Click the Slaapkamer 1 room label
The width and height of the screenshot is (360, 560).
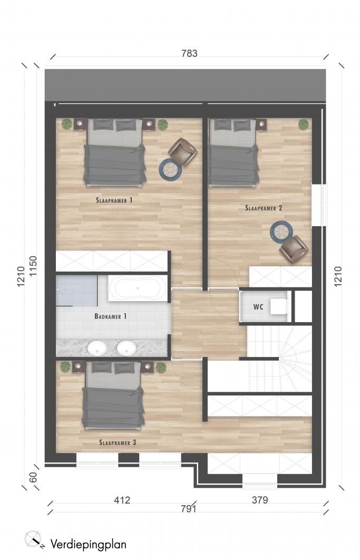click(x=114, y=200)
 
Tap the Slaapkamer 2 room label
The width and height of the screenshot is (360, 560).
click(x=264, y=208)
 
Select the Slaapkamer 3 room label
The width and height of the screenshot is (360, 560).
click(x=118, y=442)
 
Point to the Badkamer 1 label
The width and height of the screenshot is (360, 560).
click(x=110, y=316)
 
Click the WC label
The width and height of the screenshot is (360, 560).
click(x=258, y=307)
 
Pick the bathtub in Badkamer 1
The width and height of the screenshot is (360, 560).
click(x=138, y=288)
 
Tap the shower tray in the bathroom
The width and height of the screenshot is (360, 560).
click(x=76, y=291)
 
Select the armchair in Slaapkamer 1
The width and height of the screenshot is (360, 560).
click(x=182, y=152)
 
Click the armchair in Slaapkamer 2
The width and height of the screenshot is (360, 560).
click(x=294, y=248)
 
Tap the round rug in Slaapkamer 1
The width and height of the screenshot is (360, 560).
click(x=170, y=170)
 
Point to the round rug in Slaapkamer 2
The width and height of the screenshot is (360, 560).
click(x=281, y=232)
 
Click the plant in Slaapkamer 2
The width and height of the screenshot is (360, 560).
click(x=304, y=124)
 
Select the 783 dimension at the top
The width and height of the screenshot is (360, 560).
click(x=189, y=53)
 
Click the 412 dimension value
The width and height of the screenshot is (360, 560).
click(x=122, y=500)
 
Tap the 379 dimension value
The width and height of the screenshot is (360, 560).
click(x=260, y=500)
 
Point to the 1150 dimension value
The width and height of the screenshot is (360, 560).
click(x=33, y=266)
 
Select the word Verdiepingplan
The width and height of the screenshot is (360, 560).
click(x=88, y=545)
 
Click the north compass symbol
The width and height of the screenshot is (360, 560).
click(x=34, y=539)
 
